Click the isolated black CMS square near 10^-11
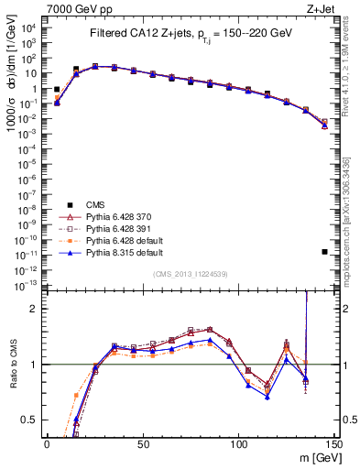click(324, 251)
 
